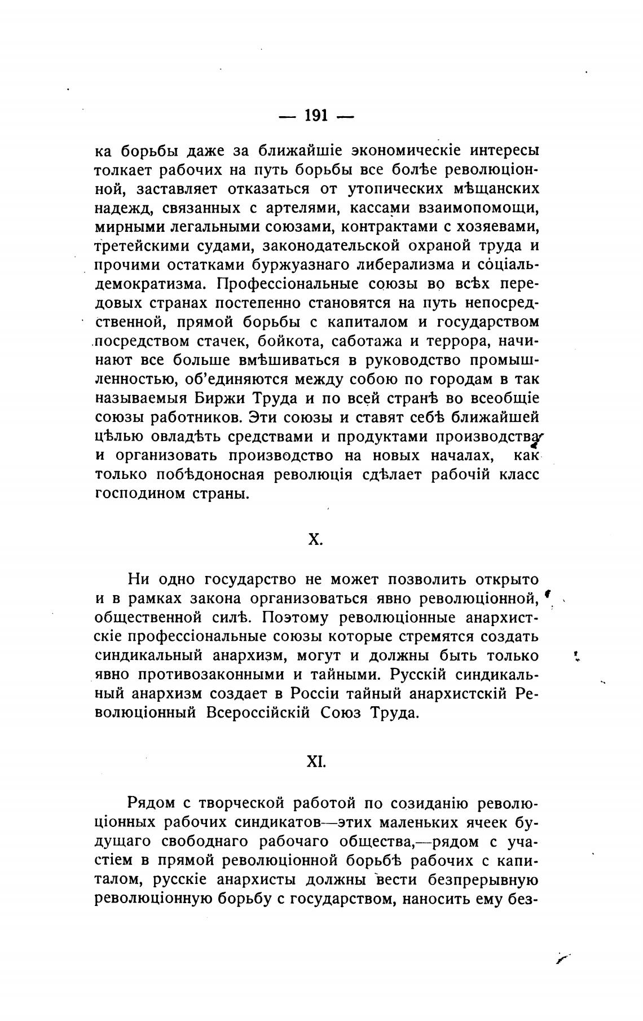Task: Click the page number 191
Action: (x=316, y=116)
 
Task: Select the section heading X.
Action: (x=316, y=539)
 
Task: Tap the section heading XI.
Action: (x=316, y=762)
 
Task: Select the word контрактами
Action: (x=387, y=227)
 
